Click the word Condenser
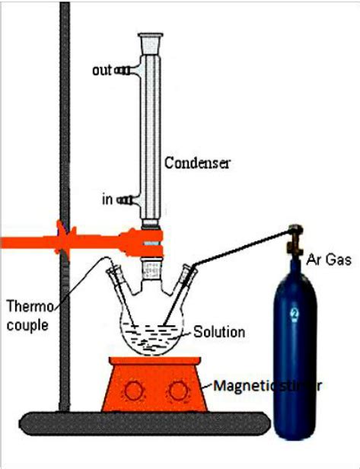click(197, 163)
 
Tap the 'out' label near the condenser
click(102, 70)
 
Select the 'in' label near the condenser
click(108, 199)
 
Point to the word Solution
click(218, 332)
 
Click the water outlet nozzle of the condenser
click(126, 71)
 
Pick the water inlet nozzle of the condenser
click(129, 200)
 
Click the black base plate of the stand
click(145, 423)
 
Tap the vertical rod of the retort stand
click(64, 152)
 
